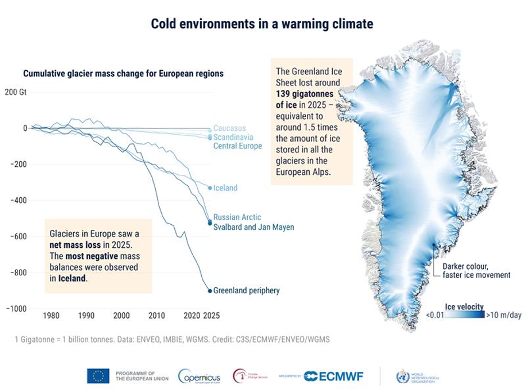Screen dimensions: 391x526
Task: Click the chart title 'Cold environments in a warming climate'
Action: pyautogui.click(x=262, y=24)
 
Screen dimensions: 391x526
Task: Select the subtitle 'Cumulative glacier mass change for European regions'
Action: pyautogui.click(x=123, y=74)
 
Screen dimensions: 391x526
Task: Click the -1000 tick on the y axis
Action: pyautogui.click(x=17, y=308)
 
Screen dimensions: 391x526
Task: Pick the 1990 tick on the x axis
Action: pyautogui.click(x=86, y=316)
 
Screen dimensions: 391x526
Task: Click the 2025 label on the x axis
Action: pyautogui.click(x=211, y=316)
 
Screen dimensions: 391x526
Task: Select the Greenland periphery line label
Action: pyautogui.click(x=246, y=290)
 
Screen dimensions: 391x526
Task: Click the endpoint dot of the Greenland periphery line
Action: pyautogui.click(x=210, y=290)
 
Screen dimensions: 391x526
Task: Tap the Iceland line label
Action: pyautogui.click(x=225, y=188)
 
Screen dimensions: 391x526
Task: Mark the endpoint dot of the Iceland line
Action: pyautogui.click(x=210, y=188)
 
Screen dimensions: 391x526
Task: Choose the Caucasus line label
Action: pyautogui.click(x=229, y=129)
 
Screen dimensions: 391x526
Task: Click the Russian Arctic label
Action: pyautogui.click(x=237, y=217)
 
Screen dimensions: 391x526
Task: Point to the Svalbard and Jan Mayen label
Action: pyautogui.click(x=253, y=227)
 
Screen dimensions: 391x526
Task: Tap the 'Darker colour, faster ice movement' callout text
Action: pyautogui.click(x=476, y=270)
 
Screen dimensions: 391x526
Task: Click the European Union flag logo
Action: pyautogui.click(x=98, y=376)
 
